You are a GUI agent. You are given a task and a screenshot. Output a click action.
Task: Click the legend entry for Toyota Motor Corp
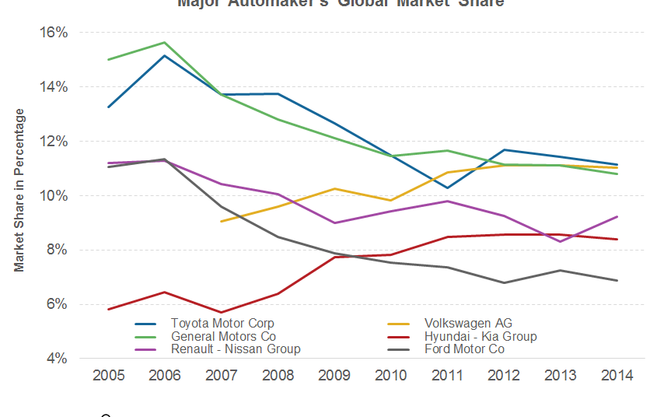(222, 323)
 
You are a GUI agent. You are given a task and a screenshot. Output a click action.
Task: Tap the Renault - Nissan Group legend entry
(235, 349)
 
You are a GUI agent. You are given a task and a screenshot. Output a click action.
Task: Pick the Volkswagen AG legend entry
(468, 323)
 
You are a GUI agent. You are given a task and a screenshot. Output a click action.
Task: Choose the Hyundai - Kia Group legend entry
(480, 336)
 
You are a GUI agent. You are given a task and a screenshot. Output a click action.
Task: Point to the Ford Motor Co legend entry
(464, 349)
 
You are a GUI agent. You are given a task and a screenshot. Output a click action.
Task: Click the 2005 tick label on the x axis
(108, 376)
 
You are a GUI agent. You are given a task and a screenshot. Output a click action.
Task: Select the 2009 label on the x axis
(334, 376)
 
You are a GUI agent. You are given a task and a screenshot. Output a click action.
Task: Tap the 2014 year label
(617, 376)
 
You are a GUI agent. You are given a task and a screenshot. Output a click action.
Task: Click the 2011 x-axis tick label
(448, 376)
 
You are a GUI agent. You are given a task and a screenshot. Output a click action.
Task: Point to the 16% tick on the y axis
(55, 33)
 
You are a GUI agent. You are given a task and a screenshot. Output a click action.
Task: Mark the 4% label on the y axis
(58, 359)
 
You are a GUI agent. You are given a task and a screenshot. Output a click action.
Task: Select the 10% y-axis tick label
(55, 196)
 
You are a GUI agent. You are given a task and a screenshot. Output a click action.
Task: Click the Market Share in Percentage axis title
(19, 190)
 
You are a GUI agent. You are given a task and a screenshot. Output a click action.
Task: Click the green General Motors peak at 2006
(165, 42)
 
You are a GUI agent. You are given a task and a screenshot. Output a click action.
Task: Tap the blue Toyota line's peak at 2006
(165, 55)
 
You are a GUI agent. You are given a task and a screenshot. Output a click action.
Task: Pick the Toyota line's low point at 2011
(448, 187)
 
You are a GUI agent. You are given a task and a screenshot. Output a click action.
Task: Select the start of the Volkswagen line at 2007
(222, 222)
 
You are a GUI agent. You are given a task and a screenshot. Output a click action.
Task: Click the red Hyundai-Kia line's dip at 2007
(222, 313)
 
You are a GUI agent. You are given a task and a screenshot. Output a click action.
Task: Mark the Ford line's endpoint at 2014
(617, 281)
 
